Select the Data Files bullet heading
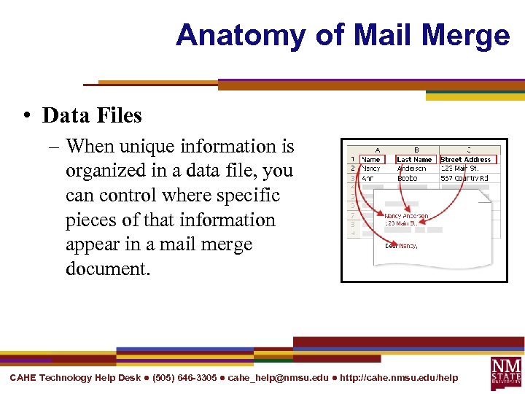click(93, 115)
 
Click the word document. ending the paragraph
click(107, 269)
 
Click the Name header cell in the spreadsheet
click(372, 159)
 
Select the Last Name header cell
click(414, 159)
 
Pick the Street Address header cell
click(467, 159)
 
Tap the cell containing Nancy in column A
click(371, 169)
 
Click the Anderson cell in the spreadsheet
click(413, 169)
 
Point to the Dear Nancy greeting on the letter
click(401, 246)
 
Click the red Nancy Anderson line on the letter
click(406, 216)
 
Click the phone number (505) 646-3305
click(184, 378)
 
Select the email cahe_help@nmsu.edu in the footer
click(278, 378)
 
